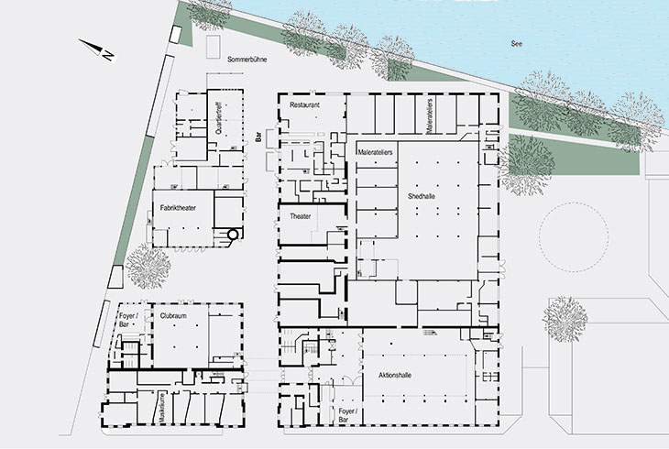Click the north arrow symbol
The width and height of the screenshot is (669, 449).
click(x=95, y=51)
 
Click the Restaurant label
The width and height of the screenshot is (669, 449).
click(x=304, y=105)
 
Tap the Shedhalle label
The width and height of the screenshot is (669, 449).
click(x=423, y=197)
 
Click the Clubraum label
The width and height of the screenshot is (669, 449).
click(x=173, y=316)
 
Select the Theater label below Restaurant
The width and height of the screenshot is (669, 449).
click(x=301, y=217)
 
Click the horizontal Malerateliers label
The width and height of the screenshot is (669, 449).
click(x=375, y=150)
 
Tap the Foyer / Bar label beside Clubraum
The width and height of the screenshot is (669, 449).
click(x=126, y=322)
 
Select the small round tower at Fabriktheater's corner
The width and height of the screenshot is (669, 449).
click(x=234, y=235)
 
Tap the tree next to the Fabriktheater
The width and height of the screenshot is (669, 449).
click(x=147, y=266)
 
